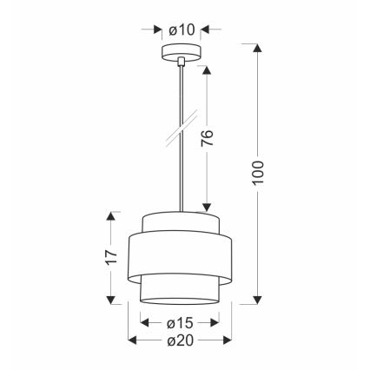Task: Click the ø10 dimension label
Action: point(182,30)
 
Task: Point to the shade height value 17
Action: point(110,257)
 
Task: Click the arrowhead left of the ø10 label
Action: point(159,30)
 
